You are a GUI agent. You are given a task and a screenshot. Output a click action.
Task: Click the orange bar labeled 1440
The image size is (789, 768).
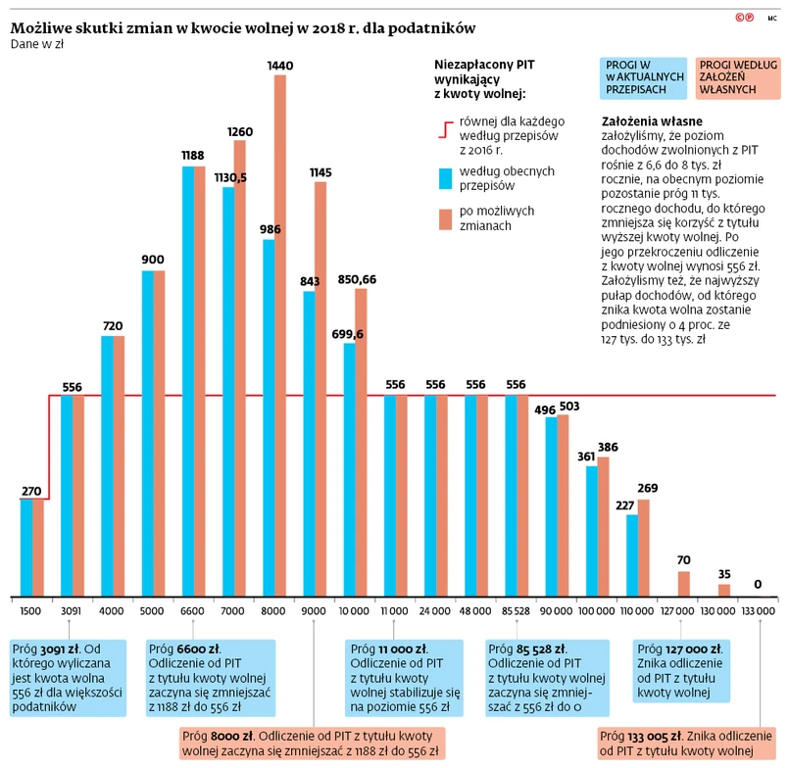point(280,333)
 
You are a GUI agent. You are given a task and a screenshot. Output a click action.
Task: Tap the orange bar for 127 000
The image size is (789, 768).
point(684,584)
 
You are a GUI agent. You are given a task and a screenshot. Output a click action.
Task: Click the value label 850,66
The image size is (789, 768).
point(357,279)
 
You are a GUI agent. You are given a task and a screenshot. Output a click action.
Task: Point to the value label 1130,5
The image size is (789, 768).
point(230,177)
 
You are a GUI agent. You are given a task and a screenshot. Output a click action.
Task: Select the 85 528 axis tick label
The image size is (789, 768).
point(516,611)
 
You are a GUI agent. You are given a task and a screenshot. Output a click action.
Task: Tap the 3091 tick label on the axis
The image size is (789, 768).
point(72,611)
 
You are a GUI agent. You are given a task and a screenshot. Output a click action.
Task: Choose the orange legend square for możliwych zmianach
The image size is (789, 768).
point(446,218)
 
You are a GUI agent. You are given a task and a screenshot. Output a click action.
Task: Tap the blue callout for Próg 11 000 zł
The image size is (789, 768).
point(404,677)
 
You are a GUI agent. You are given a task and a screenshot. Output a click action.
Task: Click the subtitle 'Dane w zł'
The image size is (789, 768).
point(37,44)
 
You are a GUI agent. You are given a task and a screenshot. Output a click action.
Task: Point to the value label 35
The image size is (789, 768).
point(724,574)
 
